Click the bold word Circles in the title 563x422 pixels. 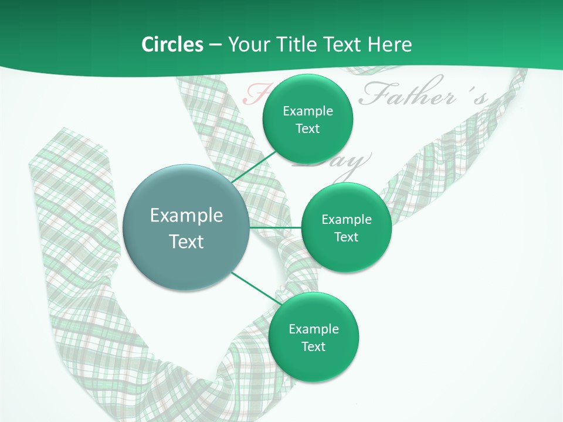pyautogui.click(x=172, y=45)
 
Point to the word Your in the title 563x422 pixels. pyautogui.click(x=246, y=45)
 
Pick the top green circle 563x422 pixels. pyautogui.click(x=307, y=147)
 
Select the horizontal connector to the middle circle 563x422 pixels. pyautogui.click(x=276, y=227)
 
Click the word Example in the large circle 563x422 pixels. pyautogui.click(x=186, y=216)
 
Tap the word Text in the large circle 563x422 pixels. pyautogui.click(x=186, y=241)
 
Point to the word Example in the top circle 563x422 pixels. pyautogui.click(x=307, y=111)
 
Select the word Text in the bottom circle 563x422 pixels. pyautogui.click(x=313, y=346)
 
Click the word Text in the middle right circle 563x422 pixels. pyautogui.click(x=347, y=237)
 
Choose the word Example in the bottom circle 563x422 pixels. pyautogui.click(x=313, y=329)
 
